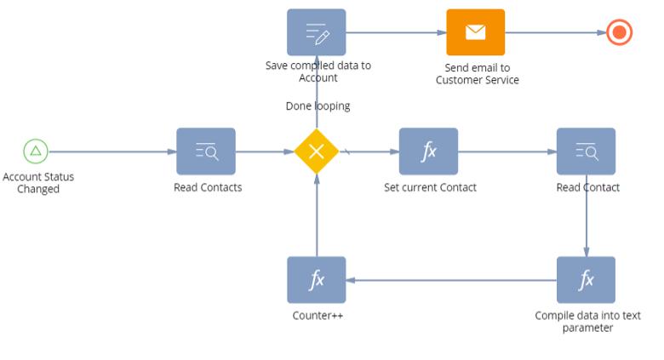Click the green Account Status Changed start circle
click(x=35, y=151)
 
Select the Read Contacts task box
click(x=206, y=151)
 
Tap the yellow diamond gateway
click(x=317, y=151)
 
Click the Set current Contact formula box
click(x=428, y=151)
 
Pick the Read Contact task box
click(x=586, y=151)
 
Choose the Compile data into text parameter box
click(x=586, y=279)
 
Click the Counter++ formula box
click(x=317, y=279)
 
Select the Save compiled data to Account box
click(x=317, y=32)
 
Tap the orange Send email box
click(x=476, y=32)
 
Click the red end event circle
click(x=620, y=33)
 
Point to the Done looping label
click(x=318, y=106)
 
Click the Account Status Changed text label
click(x=38, y=183)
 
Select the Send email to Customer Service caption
click(x=477, y=74)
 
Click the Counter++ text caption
click(x=317, y=316)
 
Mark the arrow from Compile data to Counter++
click(x=451, y=279)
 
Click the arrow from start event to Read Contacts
click(x=111, y=151)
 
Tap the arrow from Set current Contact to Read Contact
click(x=507, y=151)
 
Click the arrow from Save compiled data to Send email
click(x=396, y=33)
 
